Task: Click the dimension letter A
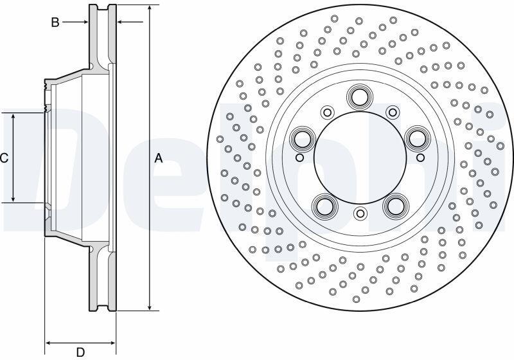pos(159,158)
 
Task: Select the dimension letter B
pos(55,22)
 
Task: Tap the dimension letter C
pos(4,158)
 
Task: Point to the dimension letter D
pos(80,352)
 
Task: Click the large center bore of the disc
pos(360,157)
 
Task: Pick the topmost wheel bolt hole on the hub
pos(360,96)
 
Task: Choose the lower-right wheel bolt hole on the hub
pos(396,205)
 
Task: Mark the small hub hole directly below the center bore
pos(360,214)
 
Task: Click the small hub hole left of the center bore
pos(299,158)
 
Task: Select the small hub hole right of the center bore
pos(420,158)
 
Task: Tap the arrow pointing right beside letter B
pos(75,22)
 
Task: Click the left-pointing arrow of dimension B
pos(130,22)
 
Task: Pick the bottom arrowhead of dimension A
pos(150,307)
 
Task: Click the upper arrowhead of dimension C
pos(13,116)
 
